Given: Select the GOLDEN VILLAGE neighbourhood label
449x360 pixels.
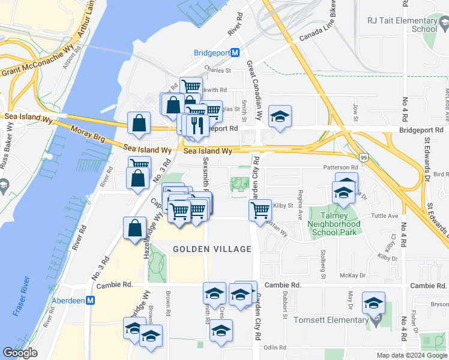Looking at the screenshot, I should [x=211, y=248].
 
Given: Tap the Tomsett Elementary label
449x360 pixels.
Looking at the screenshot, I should [x=330, y=320].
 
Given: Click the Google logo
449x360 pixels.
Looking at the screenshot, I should [x=20, y=353].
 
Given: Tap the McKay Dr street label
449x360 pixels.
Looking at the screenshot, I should [x=353, y=275].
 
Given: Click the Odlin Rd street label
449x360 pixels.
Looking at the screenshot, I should [x=273, y=347].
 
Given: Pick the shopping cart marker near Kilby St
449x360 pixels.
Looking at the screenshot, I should [x=260, y=210].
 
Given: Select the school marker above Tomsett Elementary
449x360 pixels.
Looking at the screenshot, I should [x=373, y=303].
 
